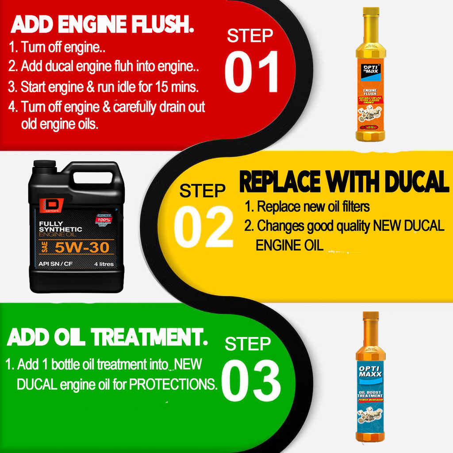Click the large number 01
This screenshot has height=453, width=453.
pyautogui.click(x=251, y=72)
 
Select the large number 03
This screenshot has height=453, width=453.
pyautogui.click(x=251, y=381)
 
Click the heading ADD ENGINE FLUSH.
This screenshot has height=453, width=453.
pyautogui.click(x=103, y=25)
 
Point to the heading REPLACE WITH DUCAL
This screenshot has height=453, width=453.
pyautogui.click(x=344, y=182)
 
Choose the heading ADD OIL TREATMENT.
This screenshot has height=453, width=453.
pyautogui.click(x=107, y=338)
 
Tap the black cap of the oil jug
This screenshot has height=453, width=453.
pyautogui.click(x=44, y=164)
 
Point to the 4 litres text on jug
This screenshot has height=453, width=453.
pyautogui.click(x=104, y=264)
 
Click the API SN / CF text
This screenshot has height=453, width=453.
pyautogui.click(x=55, y=264)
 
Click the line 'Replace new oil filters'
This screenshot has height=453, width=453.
pyautogui.click(x=307, y=207)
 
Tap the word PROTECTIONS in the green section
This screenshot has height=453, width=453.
pyautogui.click(x=173, y=384)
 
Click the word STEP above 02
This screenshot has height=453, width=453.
pyautogui.click(x=202, y=191)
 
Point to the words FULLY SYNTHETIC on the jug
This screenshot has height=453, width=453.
pyautogui.click(x=60, y=226)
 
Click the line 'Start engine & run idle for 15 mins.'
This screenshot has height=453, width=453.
pyautogui.click(x=104, y=87)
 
